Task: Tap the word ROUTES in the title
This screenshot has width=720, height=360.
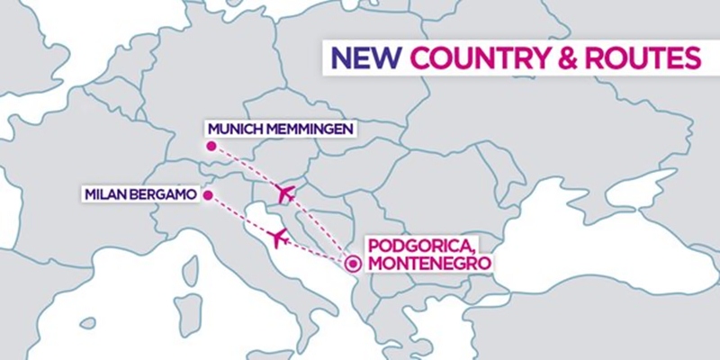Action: [639, 58]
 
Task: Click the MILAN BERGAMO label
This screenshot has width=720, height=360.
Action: [139, 193]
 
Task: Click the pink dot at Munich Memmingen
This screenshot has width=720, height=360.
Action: [210, 146]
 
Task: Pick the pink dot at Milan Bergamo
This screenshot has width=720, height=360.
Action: [208, 193]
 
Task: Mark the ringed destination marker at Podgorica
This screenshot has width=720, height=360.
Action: [353, 263]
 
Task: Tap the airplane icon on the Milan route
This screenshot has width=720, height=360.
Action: [278, 238]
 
